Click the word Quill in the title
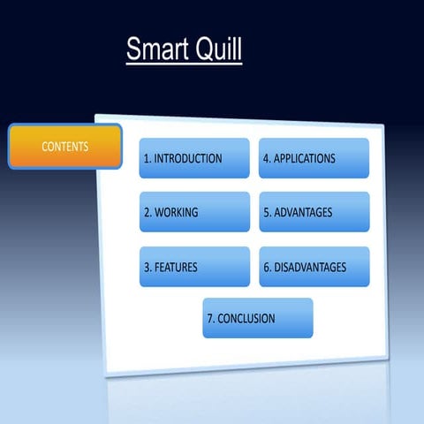click(x=216, y=49)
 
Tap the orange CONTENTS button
click(x=64, y=147)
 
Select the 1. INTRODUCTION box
click(x=194, y=158)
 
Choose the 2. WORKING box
click(x=194, y=212)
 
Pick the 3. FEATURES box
click(x=194, y=267)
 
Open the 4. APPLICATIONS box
click(x=314, y=158)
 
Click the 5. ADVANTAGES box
click(x=314, y=212)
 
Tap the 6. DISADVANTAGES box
click(x=314, y=267)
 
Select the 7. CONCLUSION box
click(x=257, y=318)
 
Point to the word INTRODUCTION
click(x=188, y=159)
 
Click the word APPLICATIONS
click(x=305, y=159)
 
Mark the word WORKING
click(x=177, y=213)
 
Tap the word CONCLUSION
click(x=246, y=319)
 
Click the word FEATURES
click(x=176, y=267)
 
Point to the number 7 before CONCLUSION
click(x=210, y=319)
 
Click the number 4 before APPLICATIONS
click(x=266, y=159)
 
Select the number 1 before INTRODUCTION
click(x=146, y=159)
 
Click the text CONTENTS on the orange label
click(x=64, y=146)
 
